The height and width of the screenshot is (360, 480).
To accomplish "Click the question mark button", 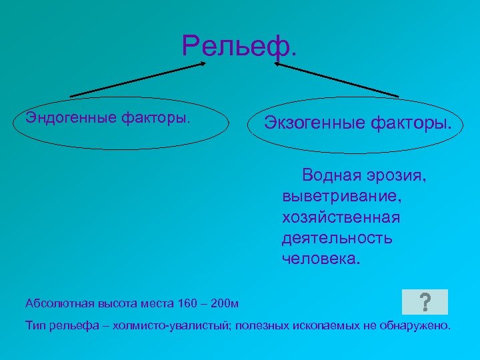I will (x=425, y=302).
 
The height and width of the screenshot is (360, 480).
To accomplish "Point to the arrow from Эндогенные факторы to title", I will (x=137, y=80).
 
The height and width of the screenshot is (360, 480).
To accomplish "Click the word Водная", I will (x=330, y=176).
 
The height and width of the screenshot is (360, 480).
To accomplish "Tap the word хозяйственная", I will (x=341, y=217).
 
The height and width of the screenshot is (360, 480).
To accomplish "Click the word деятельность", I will (x=337, y=238).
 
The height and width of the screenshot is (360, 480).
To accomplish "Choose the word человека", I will (x=320, y=259).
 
